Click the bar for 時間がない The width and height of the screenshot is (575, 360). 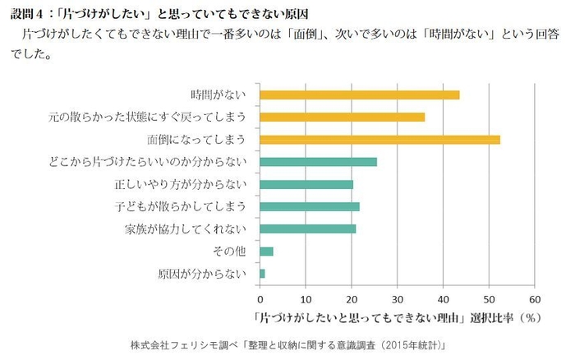click(359, 95)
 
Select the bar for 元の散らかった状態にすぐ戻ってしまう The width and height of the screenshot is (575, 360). click(342, 117)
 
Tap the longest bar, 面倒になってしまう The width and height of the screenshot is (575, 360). click(379, 139)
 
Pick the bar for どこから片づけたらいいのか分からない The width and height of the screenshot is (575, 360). click(318, 161)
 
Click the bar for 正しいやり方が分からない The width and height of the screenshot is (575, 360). click(306, 184)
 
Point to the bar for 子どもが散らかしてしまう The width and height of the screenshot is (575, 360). click(309, 206)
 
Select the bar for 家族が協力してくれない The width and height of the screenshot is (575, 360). click(307, 228)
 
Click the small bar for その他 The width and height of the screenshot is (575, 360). click(266, 251)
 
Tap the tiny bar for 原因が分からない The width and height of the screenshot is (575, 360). click(262, 273)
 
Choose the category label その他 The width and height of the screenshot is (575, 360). click(230, 251)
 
